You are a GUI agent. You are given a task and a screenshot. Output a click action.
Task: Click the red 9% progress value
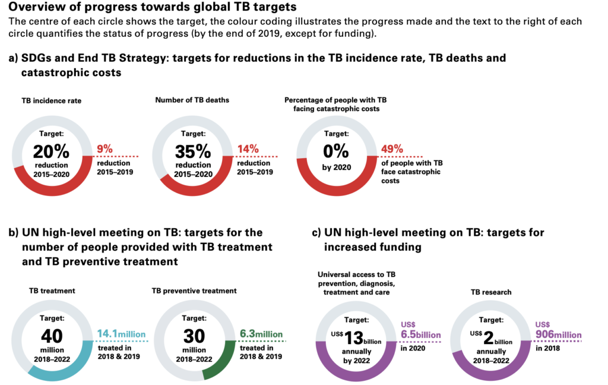pos(104,149)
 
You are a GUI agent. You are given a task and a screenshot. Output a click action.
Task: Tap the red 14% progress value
pos(246,149)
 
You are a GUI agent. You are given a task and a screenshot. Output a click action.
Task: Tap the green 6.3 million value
pos(261,334)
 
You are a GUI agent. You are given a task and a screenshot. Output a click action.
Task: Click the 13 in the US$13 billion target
pos(354,339)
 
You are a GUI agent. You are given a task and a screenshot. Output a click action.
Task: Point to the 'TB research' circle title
pos(490,292)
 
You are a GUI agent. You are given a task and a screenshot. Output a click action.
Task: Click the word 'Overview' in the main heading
pos(37,8)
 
